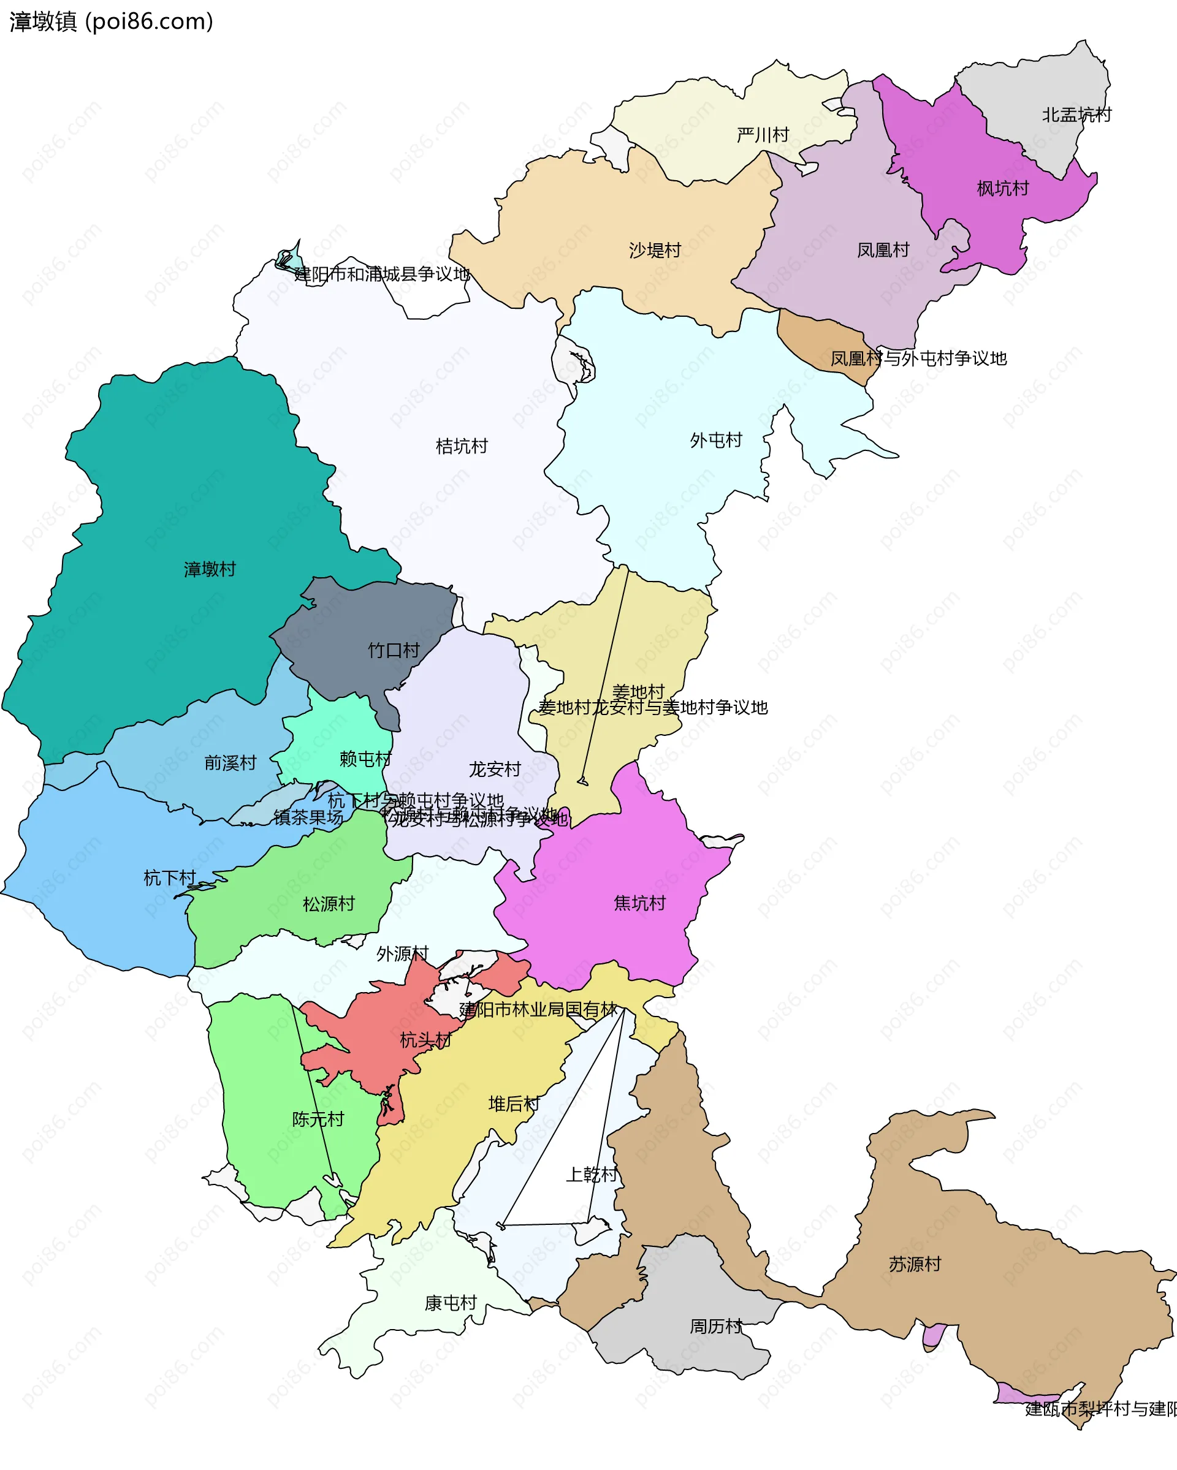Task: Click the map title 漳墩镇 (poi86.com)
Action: (111, 22)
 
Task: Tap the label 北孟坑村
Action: (1076, 115)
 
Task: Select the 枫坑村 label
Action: (1002, 189)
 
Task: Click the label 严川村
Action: (763, 135)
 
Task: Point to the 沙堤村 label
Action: (655, 251)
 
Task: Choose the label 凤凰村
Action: (883, 250)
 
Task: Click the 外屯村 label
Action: (716, 441)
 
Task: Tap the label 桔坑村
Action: (462, 447)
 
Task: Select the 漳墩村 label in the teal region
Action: (210, 569)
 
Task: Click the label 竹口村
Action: (394, 651)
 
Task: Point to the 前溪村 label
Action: (230, 763)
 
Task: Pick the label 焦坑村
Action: (639, 903)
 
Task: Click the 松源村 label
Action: (329, 904)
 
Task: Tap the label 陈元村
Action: (318, 1119)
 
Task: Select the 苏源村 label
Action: (915, 1264)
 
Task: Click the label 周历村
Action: (716, 1326)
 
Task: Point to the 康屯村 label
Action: (450, 1303)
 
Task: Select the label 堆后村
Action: (514, 1104)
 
